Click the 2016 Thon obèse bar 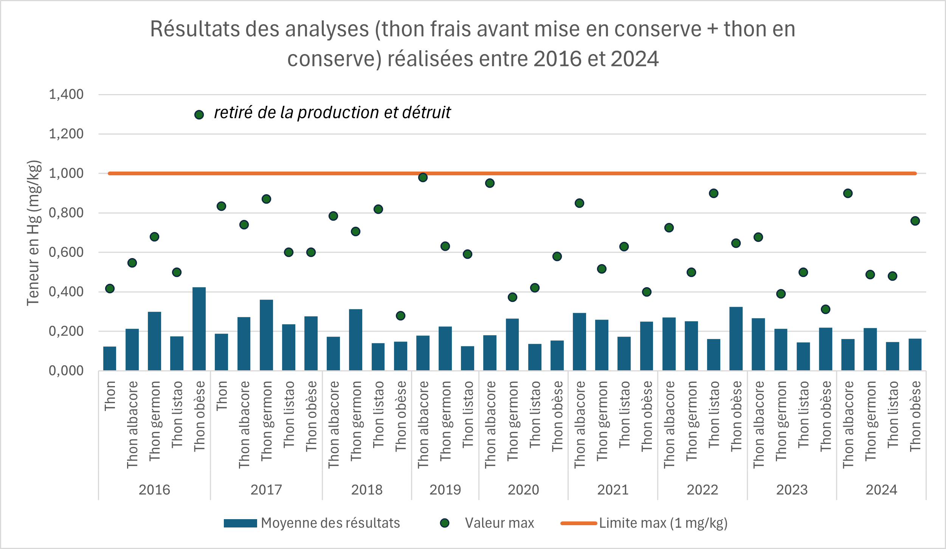[199, 329]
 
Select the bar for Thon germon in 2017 [266, 335]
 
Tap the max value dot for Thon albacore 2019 [423, 178]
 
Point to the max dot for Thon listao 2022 [713, 193]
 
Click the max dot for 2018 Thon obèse [400, 315]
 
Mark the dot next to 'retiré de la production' [199, 115]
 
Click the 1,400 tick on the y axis [66, 94]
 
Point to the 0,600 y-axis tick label [66, 252]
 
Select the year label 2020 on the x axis [523, 490]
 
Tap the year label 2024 [881, 490]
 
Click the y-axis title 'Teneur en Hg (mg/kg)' [33, 233]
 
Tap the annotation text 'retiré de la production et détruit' [332, 113]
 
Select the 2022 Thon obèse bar [736, 339]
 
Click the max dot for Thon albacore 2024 [848, 193]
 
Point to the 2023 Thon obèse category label [826, 416]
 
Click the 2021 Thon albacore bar [579, 342]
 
